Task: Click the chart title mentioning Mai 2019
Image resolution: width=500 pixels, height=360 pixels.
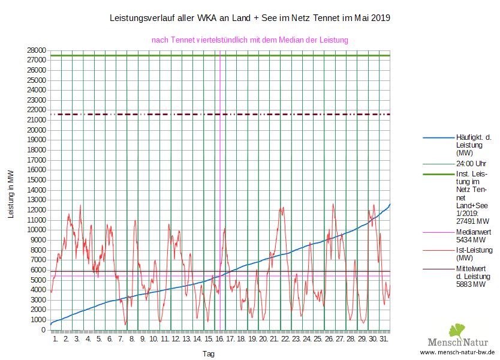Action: [x=250, y=18]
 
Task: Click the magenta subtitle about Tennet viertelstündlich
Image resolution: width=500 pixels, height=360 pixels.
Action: [x=250, y=40]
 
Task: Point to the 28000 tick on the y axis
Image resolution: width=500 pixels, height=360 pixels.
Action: [x=37, y=50]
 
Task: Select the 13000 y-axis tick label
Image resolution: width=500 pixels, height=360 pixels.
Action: [x=37, y=200]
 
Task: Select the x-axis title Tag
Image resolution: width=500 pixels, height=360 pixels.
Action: [x=209, y=354]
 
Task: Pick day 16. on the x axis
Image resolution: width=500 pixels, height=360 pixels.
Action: [x=220, y=340]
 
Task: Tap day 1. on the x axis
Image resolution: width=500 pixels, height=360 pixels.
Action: [x=56, y=340]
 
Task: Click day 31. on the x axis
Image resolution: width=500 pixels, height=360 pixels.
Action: [x=384, y=340]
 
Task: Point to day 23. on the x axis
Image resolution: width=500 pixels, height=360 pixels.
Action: [x=297, y=340]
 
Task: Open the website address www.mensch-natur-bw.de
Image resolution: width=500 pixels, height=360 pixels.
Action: [x=457, y=352]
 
